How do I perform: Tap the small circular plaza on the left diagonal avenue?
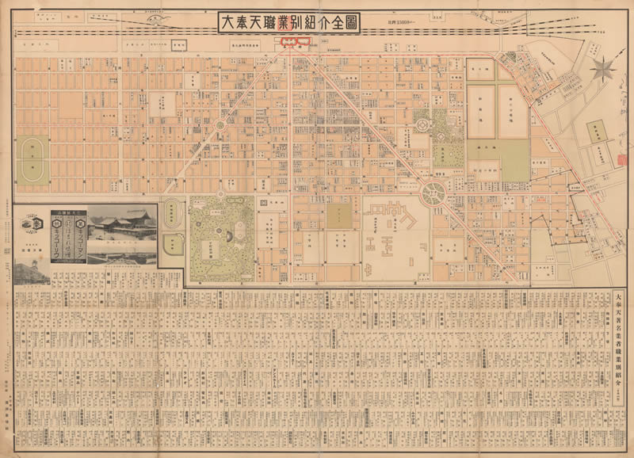coord(220,126)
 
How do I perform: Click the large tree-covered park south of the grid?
coord(221,236)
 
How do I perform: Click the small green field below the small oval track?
coord(173,246)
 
